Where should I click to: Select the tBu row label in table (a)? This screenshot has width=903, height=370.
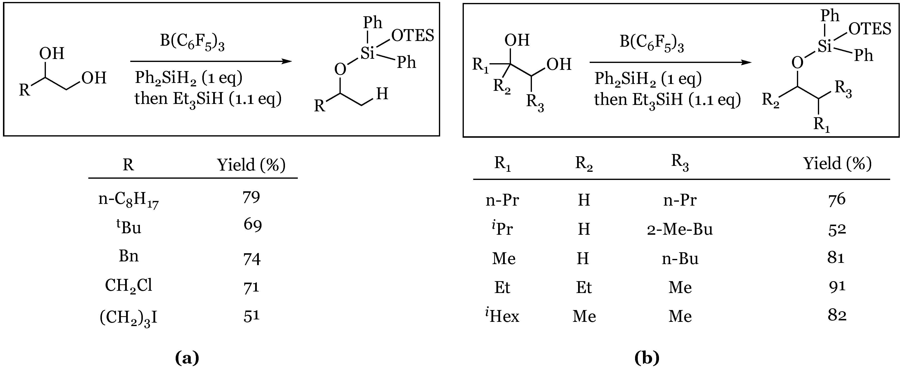129,227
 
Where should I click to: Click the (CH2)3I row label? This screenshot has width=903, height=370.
129,318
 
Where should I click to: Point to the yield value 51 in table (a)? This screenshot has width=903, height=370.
251,316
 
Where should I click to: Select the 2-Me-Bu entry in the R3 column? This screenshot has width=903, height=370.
680,229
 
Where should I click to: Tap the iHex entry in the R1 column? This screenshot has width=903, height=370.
502,316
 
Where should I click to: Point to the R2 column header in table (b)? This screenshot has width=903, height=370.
584,163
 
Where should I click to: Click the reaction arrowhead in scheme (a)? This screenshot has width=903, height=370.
287,61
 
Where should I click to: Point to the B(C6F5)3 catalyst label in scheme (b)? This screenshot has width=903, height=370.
652,43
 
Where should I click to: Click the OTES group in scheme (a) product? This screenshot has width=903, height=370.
413,36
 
